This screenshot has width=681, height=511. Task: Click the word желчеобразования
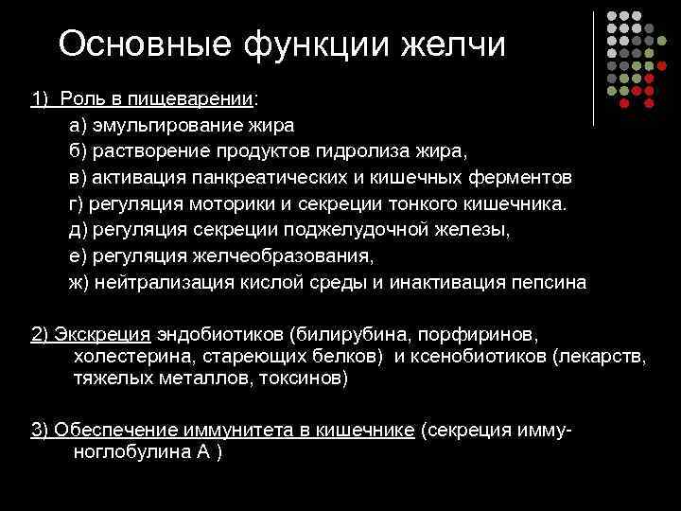click(291, 255)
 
